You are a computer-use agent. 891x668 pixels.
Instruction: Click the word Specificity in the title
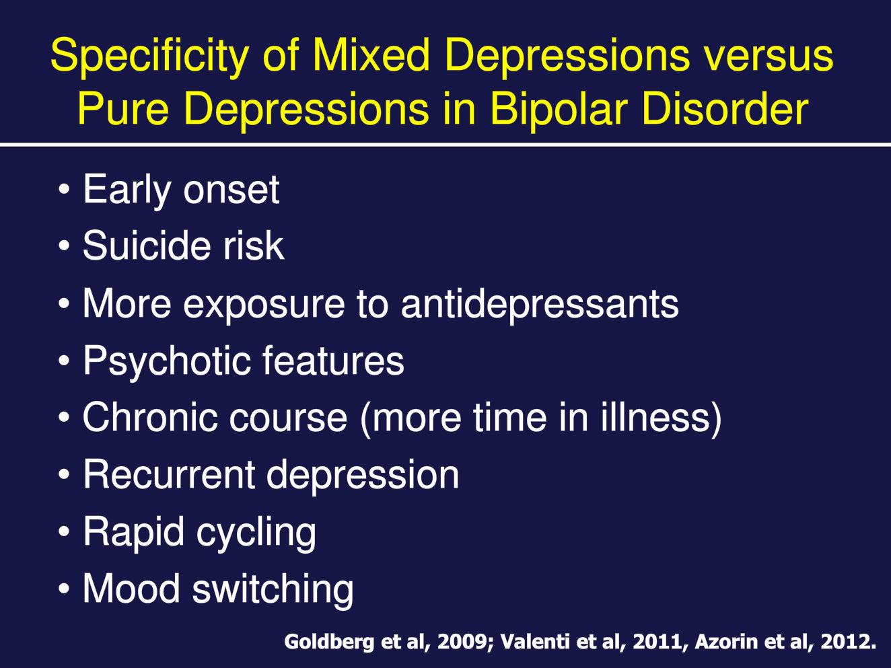click(x=149, y=57)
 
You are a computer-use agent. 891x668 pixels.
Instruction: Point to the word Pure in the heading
click(x=123, y=109)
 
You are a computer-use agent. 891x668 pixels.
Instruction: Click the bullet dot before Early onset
click(x=64, y=190)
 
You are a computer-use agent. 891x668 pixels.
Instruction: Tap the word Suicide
click(x=147, y=246)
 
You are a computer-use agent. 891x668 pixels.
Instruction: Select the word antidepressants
click(x=540, y=304)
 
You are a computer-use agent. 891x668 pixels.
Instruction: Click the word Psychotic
click(x=166, y=361)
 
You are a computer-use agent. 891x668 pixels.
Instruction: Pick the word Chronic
click(x=154, y=417)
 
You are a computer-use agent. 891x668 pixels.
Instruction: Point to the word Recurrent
click(x=169, y=474)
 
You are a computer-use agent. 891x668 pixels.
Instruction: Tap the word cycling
click(x=256, y=533)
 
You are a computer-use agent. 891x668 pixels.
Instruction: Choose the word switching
click(x=273, y=589)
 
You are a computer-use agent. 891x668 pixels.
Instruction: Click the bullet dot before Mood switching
click(x=64, y=589)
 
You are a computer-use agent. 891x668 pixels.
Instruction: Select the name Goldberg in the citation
click(x=329, y=642)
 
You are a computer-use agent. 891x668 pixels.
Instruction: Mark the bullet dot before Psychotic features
click(x=64, y=361)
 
